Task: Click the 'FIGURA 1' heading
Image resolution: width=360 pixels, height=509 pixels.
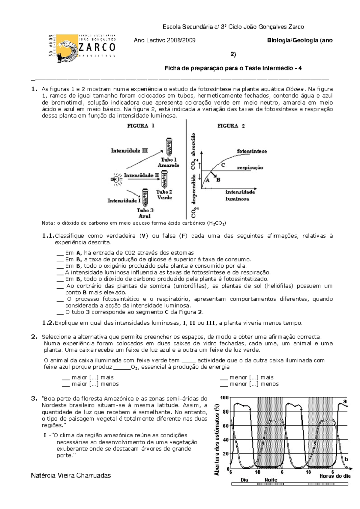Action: pyautogui.click(x=141, y=126)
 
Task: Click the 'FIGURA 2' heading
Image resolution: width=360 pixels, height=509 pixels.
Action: pyautogui.click(x=231, y=126)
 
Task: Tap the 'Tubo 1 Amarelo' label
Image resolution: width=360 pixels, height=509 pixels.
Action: pyautogui.click(x=169, y=162)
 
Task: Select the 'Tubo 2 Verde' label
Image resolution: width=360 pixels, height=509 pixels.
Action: pyautogui.click(x=164, y=195)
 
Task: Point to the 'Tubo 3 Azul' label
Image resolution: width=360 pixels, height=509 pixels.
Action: pyautogui.click(x=145, y=213)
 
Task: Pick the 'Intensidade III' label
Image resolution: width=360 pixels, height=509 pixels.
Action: pyautogui.click(x=129, y=150)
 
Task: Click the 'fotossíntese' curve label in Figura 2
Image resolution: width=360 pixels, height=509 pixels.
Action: pyautogui.click(x=252, y=151)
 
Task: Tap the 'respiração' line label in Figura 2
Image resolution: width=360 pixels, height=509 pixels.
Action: pyautogui.click(x=250, y=168)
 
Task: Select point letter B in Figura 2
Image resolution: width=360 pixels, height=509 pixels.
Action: pyautogui.click(x=218, y=180)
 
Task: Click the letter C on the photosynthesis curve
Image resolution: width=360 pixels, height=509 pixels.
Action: pyautogui.click(x=223, y=165)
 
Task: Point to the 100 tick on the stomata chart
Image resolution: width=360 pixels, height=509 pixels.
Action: pyautogui.click(x=224, y=398)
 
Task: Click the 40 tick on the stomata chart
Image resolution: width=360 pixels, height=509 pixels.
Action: pyautogui.click(x=226, y=440)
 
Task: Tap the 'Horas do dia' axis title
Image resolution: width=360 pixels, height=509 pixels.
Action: pyautogui.click(x=335, y=476)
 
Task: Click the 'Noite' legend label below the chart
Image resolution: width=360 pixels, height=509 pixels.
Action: pyautogui.click(x=271, y=480)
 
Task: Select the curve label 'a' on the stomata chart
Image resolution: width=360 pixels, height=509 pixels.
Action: pyautogui.click(x=345, y=401)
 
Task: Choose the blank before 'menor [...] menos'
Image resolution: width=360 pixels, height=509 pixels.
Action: pyautogui.click(x=224, y=384)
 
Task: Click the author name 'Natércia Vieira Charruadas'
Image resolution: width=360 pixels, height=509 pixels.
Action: pyautogui.click(x=71, y=475)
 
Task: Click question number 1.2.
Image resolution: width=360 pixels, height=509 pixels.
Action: pyautogui.click(x=48, y=323)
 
